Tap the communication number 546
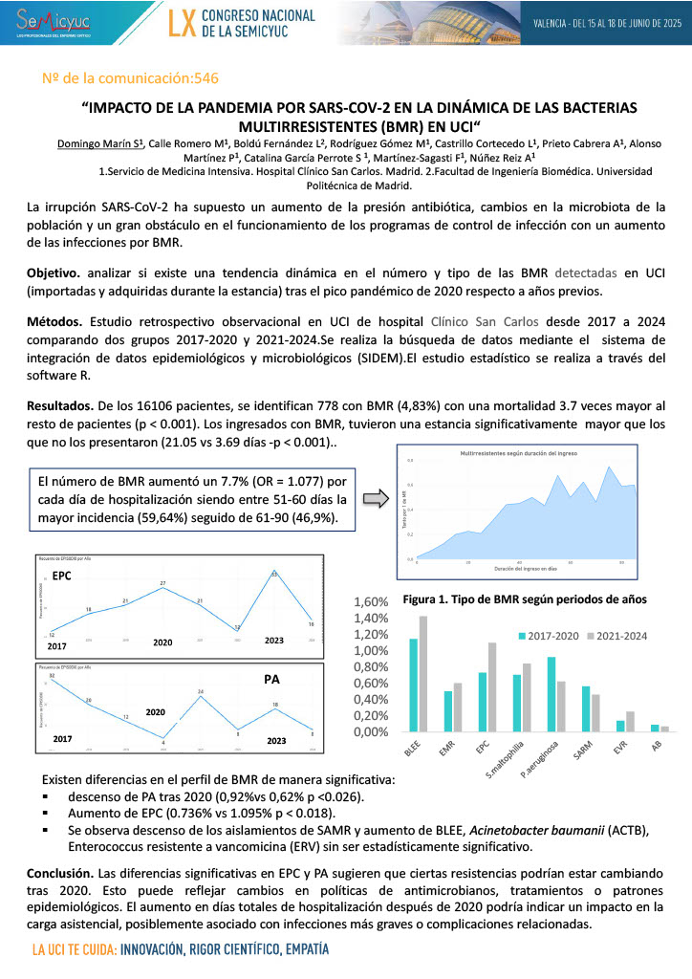pos(205,78)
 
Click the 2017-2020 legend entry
pos(551,634)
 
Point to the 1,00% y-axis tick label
pos(373,651)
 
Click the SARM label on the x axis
pos(578,751)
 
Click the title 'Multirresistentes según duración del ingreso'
pos(519,452)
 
